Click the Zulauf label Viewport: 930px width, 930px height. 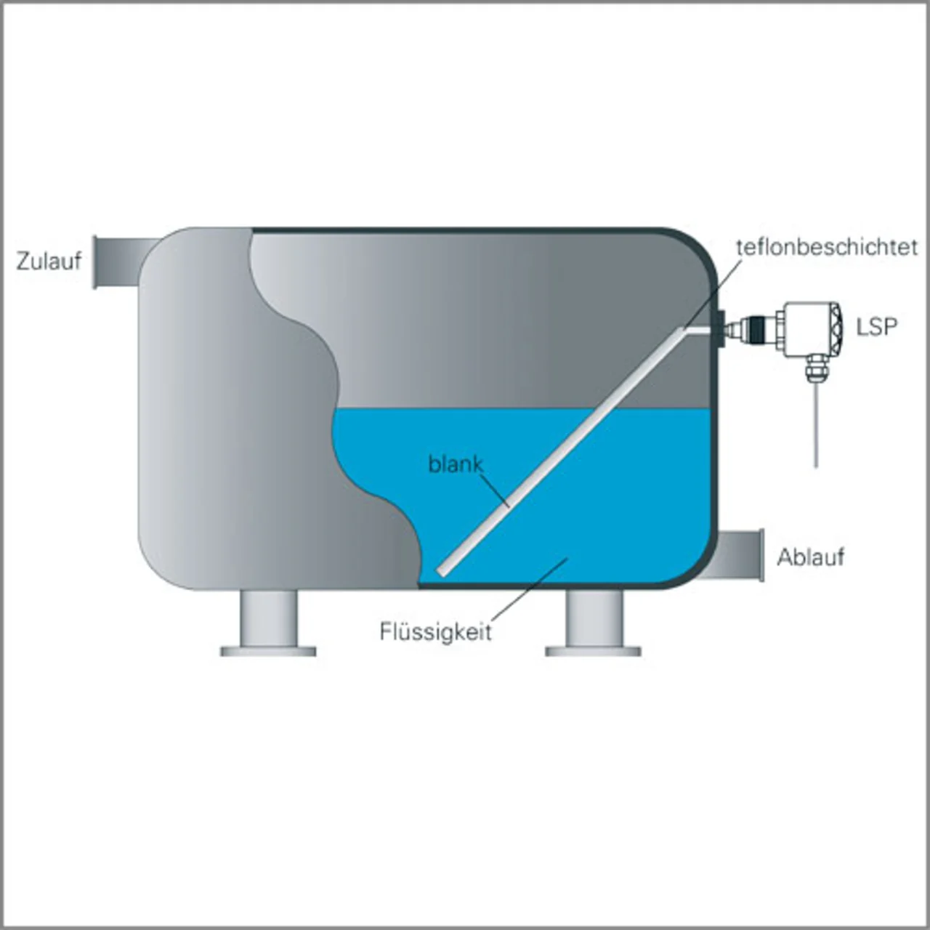[49, 261]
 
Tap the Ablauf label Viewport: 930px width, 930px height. [810, 557]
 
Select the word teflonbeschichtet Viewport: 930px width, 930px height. [827, 247]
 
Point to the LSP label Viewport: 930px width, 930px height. [876, 327]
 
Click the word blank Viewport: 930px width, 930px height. [456, 464]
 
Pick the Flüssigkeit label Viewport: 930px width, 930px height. [435, 631]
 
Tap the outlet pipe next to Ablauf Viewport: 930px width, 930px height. [741, 556]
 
